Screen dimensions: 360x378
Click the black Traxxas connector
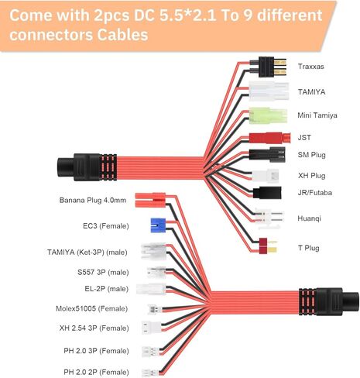(273, 67)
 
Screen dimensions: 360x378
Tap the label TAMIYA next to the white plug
(311, 92)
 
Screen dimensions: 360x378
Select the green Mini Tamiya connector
(268, 116)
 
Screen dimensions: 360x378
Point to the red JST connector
(269, 138)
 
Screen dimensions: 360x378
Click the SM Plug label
(311, 155)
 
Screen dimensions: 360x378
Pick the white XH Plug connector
(266, 176)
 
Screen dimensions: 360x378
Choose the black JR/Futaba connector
(267, 193)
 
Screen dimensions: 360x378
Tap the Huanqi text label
(309, 218)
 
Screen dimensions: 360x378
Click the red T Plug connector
(268, 246)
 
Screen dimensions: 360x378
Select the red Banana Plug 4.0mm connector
(150, 200)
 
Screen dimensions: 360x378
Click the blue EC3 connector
(158, 225)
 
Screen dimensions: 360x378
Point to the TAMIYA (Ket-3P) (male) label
(87, 253)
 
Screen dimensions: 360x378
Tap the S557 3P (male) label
(103, 272)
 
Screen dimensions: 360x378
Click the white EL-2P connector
(151, 289)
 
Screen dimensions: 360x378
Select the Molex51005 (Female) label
(91, 308)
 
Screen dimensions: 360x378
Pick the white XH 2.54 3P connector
(152, 328)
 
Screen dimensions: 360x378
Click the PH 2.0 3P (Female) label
(96, 351)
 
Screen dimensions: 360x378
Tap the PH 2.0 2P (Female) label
(96, 372)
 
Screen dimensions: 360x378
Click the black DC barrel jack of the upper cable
(87, 167)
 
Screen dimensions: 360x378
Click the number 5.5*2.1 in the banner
(187, 15)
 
